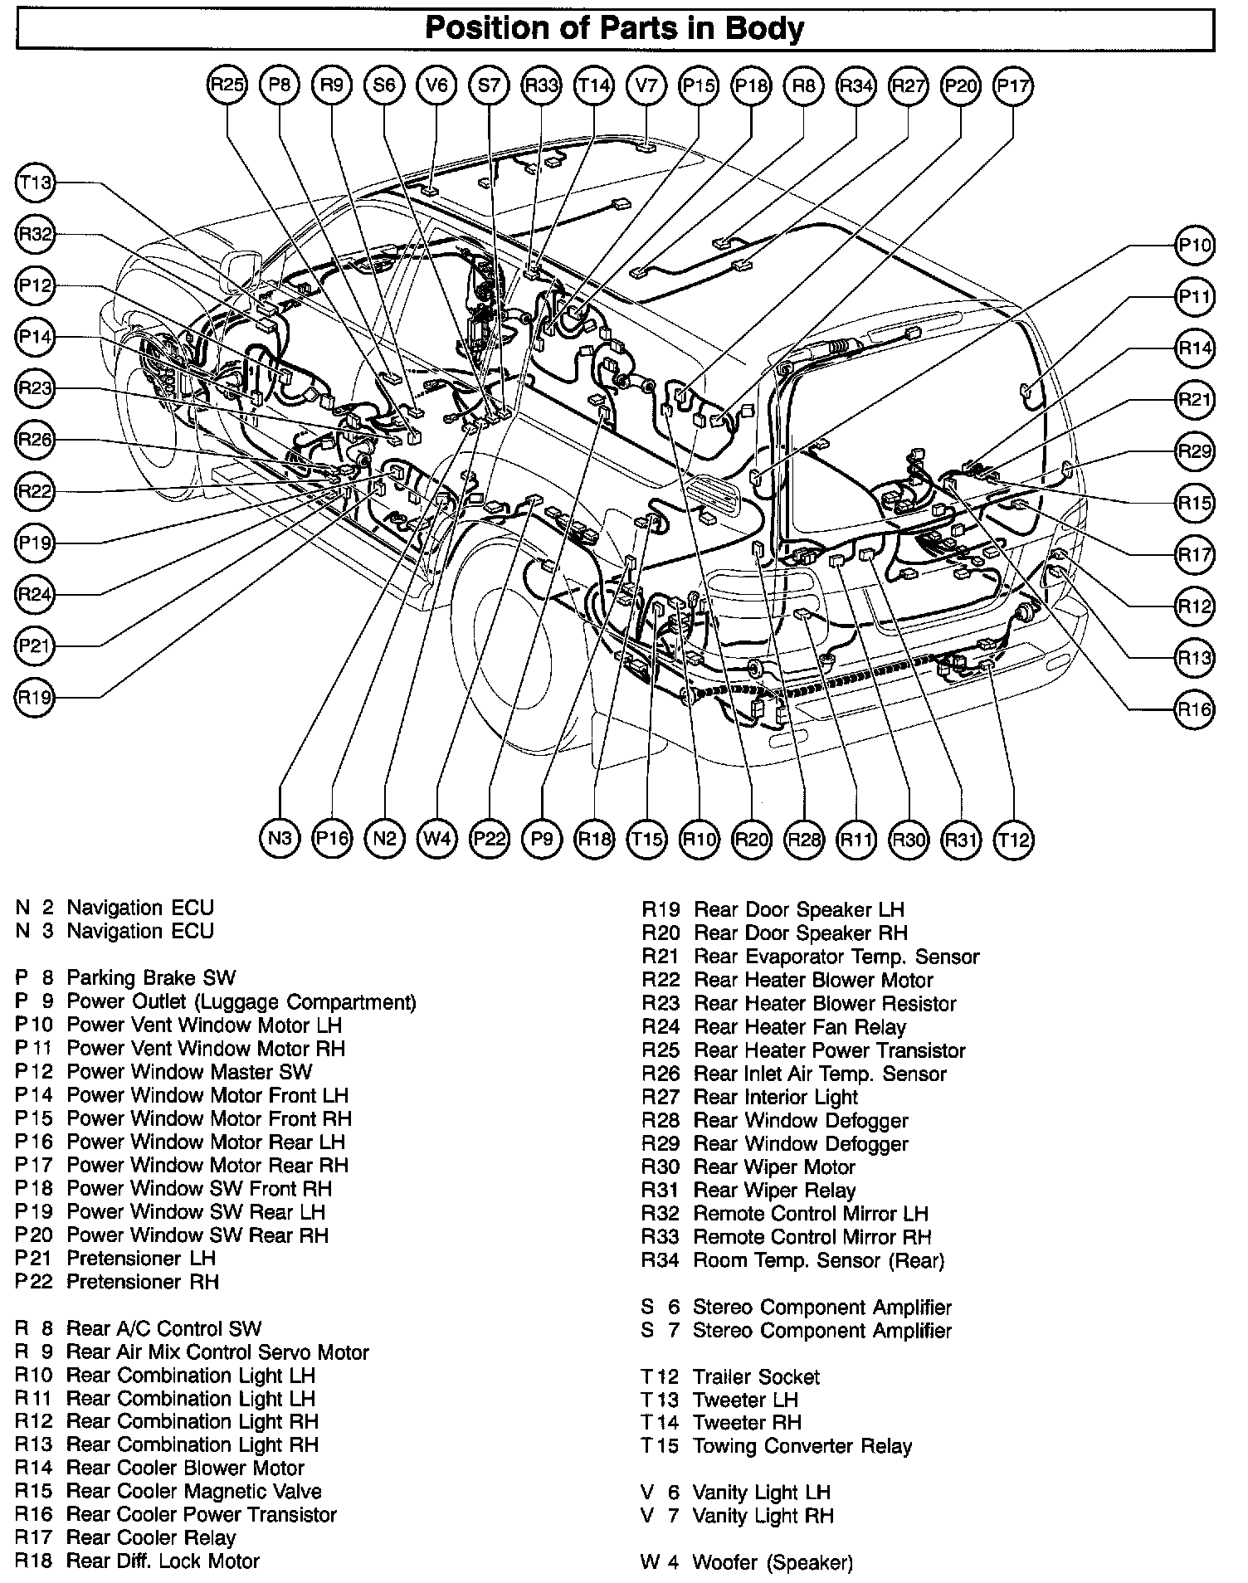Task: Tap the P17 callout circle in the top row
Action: (1013, 85)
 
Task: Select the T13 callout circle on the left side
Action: (35, 183)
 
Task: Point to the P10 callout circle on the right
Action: (1195, 246)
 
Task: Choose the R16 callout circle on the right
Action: (1195, 709)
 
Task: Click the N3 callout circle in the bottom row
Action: (280, 839)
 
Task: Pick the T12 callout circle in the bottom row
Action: (1013, 839)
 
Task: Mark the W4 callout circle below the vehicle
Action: (436, 839)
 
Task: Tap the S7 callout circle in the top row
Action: (489, 85)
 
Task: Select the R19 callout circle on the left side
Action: (35, 697)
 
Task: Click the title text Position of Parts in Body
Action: (614, 30)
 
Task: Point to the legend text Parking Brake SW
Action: (151, 978)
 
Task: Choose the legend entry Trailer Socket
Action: (756, 1377)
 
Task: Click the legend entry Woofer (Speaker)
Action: (772, 1563)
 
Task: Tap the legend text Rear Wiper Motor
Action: (774, 1167)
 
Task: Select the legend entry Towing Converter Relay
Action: (802, 1447)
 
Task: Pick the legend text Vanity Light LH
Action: (761, 1493)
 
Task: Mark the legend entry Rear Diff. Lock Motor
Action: (163, 1561)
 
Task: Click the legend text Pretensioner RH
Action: (143, 1283)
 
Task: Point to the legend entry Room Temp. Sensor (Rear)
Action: (818, 1261)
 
